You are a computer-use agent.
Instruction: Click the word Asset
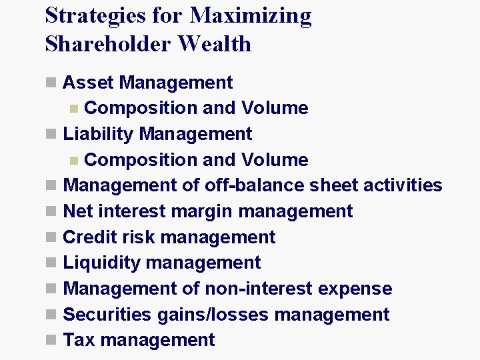pyautogui.click(x=89, y=83)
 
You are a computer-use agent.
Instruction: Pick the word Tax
pyautogui.click(x=79, y=340)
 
